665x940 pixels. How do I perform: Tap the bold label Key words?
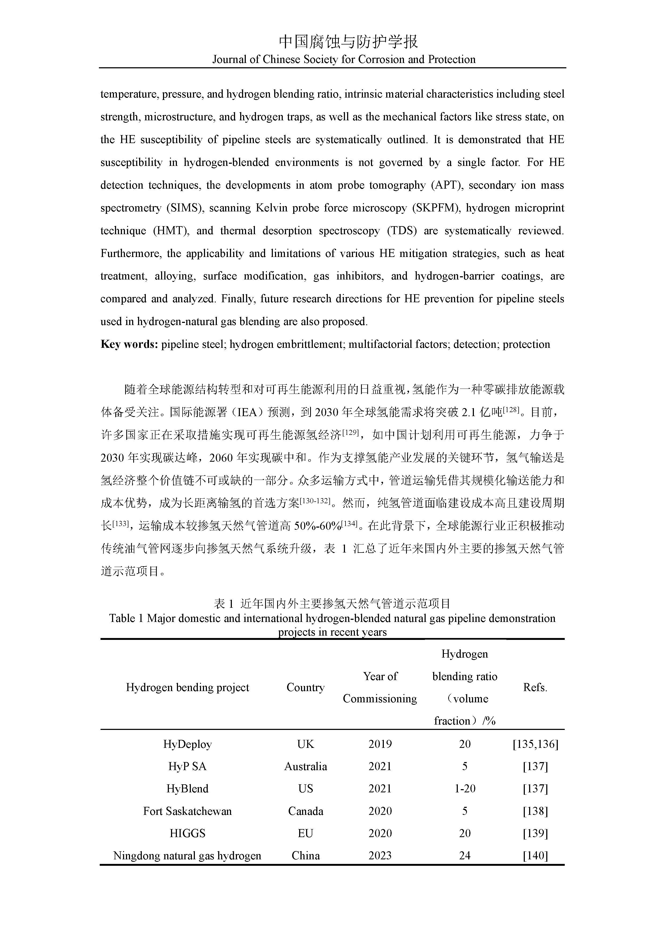[x=129, y=344]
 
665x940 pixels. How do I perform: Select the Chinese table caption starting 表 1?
[x=332, y=603]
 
